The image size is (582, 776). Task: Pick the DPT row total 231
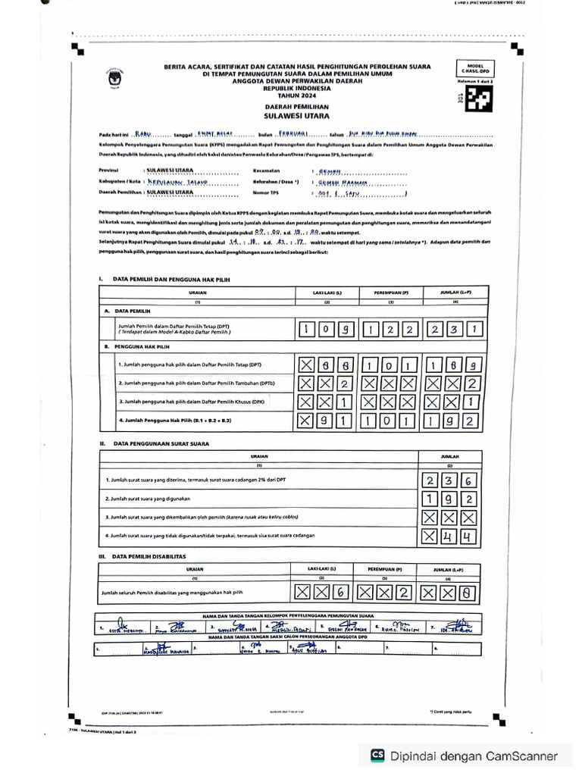[x=454, y=330]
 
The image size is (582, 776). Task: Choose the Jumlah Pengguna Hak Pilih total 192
[x=454, y=419]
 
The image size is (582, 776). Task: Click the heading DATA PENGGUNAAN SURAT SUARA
[x=161, y=443]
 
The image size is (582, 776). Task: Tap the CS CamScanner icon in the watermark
[x=377, y=756]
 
